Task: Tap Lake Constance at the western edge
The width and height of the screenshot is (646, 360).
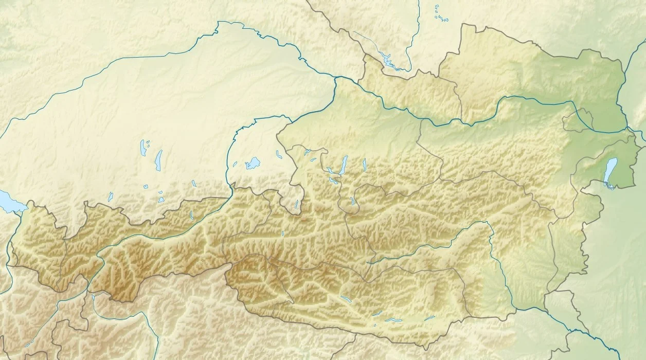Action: click(x=8, y=201)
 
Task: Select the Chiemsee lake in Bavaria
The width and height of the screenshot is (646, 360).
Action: click(x=253, y=164)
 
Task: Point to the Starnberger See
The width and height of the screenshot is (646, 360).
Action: click(x=158, y=160)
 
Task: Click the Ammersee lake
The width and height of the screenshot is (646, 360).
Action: click(x=143, y=148)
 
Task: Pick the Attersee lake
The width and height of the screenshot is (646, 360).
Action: click(x=343, y=165)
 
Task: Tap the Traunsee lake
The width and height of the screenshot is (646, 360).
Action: click(x=364, y=165)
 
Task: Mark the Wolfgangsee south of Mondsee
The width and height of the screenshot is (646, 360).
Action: click(x=333, y=181)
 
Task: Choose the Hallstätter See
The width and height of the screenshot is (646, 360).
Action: click(x=353, y=201)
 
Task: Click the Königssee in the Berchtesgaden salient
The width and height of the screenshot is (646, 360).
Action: click(x=297, y=205)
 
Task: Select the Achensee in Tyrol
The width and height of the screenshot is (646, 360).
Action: click(x=191, y=215)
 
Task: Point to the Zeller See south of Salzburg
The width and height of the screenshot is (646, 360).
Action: click(x=282, y=234)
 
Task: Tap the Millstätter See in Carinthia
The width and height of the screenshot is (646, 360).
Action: click(x=346, y=299)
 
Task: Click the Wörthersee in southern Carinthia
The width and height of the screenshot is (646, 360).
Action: click(x=393, y=320)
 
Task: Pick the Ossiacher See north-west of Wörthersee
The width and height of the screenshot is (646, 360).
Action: click(x=378, y=313)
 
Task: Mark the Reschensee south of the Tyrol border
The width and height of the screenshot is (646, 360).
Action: click(x=93, y=297)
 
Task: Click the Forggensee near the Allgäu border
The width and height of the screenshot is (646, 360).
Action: click(x=110, y=196)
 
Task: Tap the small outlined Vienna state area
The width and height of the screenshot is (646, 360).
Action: click(x=578, y=123)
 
